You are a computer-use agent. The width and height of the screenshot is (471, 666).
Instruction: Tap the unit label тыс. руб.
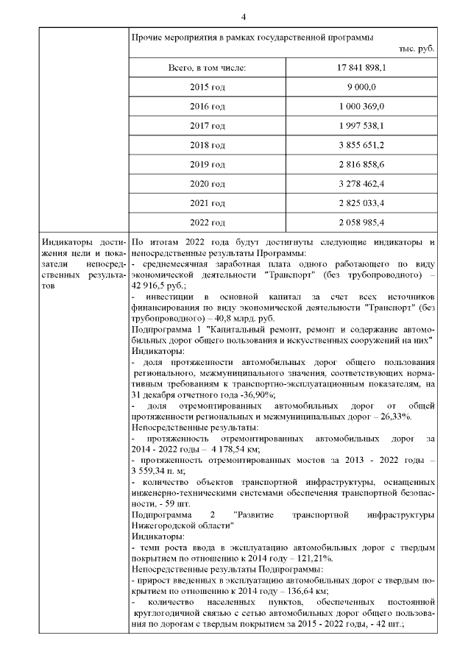coord(417,48)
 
